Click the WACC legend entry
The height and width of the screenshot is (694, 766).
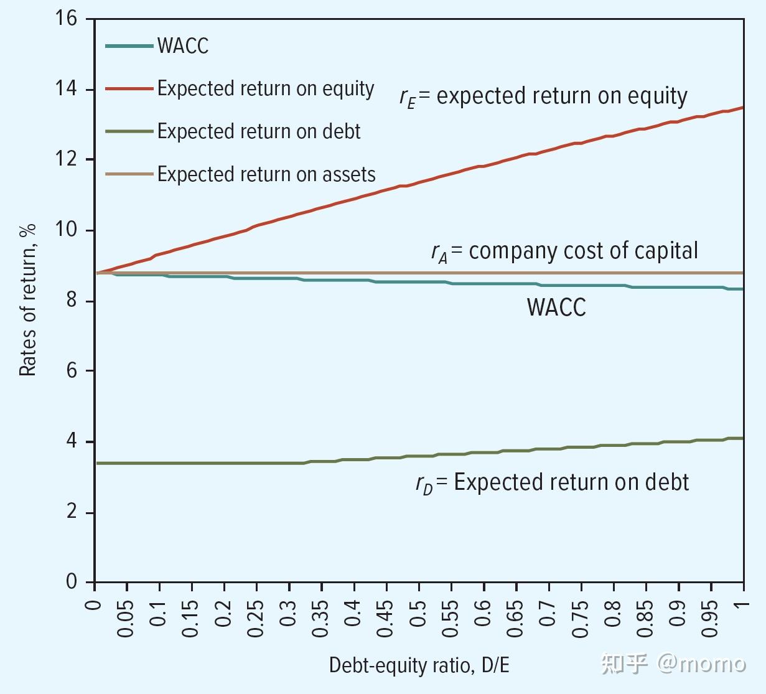click(x=182, y=46)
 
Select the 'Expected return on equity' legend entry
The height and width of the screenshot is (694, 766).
click(x=265, y=89)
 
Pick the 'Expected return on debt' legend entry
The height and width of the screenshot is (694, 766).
click(x=258, y=132)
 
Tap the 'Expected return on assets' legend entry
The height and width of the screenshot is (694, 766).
click(x=266, y=174)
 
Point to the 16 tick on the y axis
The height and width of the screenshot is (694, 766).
click(x=66, y=19)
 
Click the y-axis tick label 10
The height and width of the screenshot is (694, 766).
click(x=66, y=230)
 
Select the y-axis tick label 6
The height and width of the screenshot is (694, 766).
click(x=72, y=371)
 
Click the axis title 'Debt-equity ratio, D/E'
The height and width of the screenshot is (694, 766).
click(x=419, y=665)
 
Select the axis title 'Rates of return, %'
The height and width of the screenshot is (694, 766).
click(x=28, y=300)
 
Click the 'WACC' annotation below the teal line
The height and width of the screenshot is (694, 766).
click(x=556, y=307)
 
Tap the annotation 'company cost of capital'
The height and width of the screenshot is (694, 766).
click(x=583, y=251)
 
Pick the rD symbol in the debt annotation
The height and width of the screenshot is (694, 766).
click(x=424, y=484)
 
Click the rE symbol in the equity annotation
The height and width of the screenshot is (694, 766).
click(x=407, y=98)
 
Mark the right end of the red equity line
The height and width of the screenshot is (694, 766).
click(x=742, y=108)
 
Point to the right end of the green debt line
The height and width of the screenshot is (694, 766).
click(x=742, y=438)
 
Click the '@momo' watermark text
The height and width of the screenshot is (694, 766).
click(x=701, y=664)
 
